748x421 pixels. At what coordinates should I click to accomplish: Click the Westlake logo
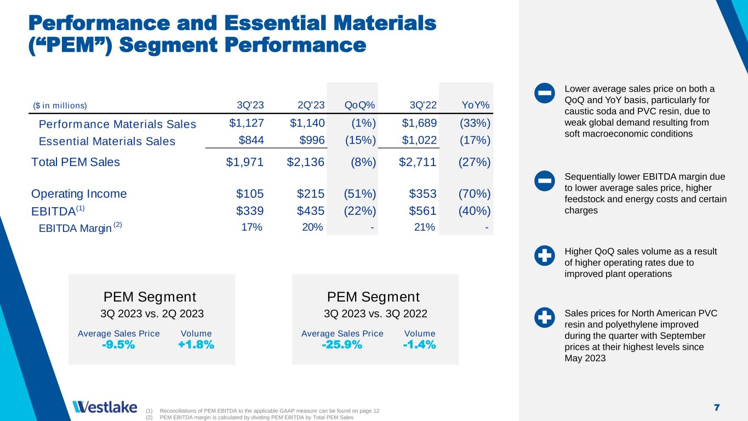[x=105, y=407]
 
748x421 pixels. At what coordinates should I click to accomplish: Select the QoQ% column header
[x=359, y=105]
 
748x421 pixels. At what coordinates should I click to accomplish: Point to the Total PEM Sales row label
[x=76, y=162]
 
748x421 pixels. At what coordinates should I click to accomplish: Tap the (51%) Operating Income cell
[x=359, y=194]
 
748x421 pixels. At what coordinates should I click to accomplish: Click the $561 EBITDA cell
[x=422, y=212]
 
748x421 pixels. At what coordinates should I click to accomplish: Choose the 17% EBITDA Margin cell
[x=252, y=227]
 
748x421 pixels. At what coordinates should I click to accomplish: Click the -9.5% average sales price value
[x=118, y=345]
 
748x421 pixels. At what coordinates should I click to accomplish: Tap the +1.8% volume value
[x=196, y=345]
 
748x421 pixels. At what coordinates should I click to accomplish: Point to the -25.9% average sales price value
[x=342, y=345]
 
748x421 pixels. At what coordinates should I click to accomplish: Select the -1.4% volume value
[x=419, y=345]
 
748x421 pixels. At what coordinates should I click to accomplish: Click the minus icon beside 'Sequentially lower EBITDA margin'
[x=544, y=180]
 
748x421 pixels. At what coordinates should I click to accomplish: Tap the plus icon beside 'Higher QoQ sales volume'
[x=544, y=256]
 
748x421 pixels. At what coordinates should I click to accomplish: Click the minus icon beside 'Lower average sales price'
[x=544, y=94]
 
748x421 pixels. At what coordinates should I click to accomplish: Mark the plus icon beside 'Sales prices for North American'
[x=544, y=318]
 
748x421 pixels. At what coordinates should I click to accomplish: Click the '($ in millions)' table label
[x=60, y=105]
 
